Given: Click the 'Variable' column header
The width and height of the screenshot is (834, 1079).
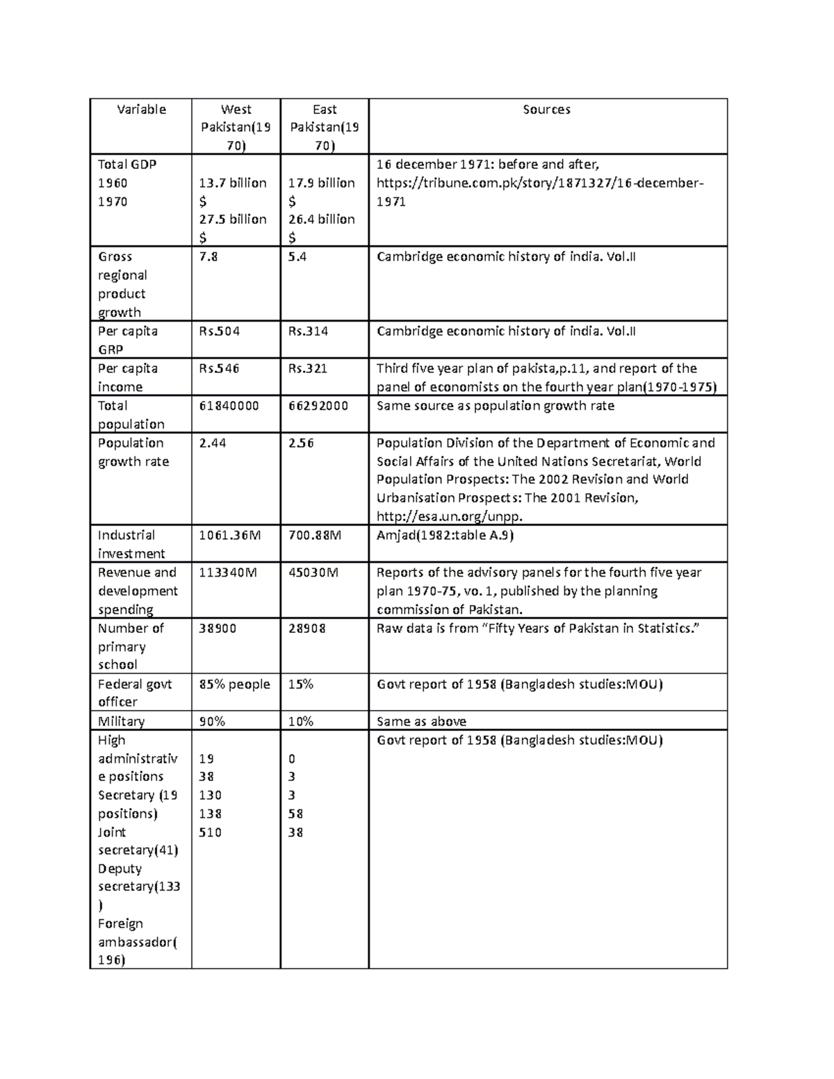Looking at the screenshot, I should click(141, 109).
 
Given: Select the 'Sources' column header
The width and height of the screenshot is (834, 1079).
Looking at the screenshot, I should click(546, 109).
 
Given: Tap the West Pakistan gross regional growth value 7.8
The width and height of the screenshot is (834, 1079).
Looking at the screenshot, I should click(208, 257).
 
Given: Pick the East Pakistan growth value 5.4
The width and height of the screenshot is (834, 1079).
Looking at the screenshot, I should click(297, 257).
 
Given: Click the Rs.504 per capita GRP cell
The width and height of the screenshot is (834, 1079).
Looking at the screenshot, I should click(219, 331).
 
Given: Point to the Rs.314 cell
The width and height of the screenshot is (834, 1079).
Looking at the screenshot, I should click(307, 331).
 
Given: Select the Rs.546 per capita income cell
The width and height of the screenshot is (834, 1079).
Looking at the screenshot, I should click(219, 368).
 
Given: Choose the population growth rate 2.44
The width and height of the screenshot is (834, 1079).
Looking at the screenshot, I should click(212, 443).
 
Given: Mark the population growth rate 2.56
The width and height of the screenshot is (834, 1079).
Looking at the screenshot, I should click(301, 443).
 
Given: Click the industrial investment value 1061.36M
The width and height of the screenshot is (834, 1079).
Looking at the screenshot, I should click(230, 535).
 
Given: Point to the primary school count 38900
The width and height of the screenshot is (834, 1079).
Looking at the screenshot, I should click(218, 628).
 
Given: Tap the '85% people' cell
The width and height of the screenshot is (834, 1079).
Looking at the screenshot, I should click(234, 684).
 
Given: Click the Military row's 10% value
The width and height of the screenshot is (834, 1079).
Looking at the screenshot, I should click(300, 721).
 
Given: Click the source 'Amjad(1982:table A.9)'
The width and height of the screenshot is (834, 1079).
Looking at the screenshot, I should click(445, 535).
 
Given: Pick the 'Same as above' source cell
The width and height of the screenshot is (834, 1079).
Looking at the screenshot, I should click(421, 721).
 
